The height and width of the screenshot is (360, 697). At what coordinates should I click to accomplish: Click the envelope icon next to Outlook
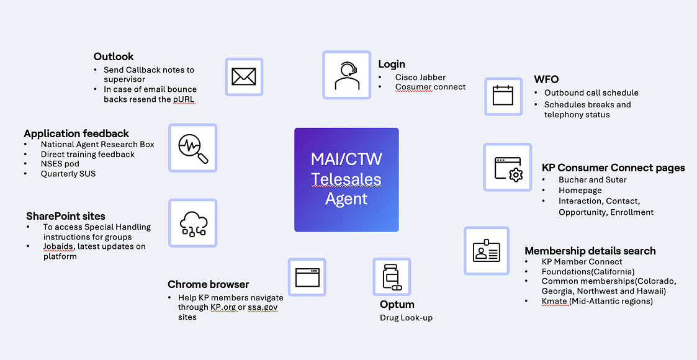[x=244, y=76]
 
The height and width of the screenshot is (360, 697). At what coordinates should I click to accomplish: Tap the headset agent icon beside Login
[x=346, y=75]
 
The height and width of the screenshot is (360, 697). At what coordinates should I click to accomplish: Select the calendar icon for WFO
[x=503, y=96]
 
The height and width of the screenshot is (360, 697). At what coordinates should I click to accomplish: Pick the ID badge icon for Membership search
[x=487, y=250]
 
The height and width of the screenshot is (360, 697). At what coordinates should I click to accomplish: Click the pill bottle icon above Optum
[x=392, y=277]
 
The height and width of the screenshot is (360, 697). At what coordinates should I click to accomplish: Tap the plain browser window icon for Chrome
[x=307, y=277]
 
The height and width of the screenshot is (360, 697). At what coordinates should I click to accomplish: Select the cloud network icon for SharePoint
[x=192, y=223]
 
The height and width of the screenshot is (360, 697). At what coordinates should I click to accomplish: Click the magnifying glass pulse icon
[x=192, y=148]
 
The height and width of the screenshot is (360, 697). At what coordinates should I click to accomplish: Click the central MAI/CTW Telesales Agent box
[x=346, y=179]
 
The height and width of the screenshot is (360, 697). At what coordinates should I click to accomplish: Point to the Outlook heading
[x=114, y=56]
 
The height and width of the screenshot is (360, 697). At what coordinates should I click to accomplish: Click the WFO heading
[x=546, y=79]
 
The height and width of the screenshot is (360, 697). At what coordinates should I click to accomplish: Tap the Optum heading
[x=397, y=304]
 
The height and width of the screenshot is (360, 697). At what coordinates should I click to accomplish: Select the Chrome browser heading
[x=209, y=284]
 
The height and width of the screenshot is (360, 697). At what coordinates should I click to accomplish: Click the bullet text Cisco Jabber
[x=420, y=77]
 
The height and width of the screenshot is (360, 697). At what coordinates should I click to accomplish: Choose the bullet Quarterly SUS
[x=68, y=174]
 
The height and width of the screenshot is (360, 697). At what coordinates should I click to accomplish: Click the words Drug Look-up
[x=406, y=318]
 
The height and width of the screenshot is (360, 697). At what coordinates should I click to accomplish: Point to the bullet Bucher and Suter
[x=593, y=179]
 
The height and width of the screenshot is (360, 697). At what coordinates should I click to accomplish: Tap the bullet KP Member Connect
[x=582, y=261]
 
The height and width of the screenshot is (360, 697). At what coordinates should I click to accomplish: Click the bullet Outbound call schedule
[x=591, y=92]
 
